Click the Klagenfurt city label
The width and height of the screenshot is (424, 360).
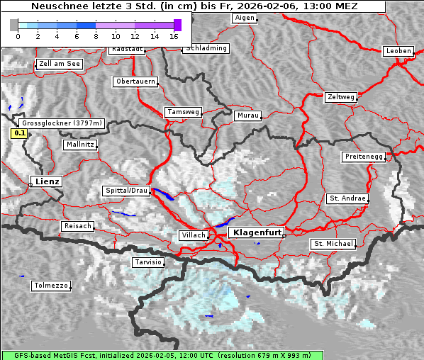[x=258, y=232]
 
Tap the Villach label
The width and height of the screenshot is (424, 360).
[x=194, y=235]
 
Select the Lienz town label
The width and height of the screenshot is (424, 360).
[x=47, y=181]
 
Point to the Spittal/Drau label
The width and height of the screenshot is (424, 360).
[x=127, y=191]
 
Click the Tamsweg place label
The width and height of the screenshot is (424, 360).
[x=184, y=112]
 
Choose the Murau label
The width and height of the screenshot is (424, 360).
[x=248, y=115]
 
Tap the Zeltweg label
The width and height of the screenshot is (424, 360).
[x=341, y=96]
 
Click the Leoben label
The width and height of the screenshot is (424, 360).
[x=398, y=51]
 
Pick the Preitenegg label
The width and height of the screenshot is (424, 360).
[x=364, y=157]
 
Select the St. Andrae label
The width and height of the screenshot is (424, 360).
[x=347, y=198]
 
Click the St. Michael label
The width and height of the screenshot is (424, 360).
[x=333, y=244]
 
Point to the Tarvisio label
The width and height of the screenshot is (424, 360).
[x=148, y=262]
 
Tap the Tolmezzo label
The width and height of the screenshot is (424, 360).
[x=51, y=286]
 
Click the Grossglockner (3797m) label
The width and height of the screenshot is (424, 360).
[x=62, y=123]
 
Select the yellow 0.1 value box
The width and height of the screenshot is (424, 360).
[x=20, y=133]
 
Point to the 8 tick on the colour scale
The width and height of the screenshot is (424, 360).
[x=96, y=35]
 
